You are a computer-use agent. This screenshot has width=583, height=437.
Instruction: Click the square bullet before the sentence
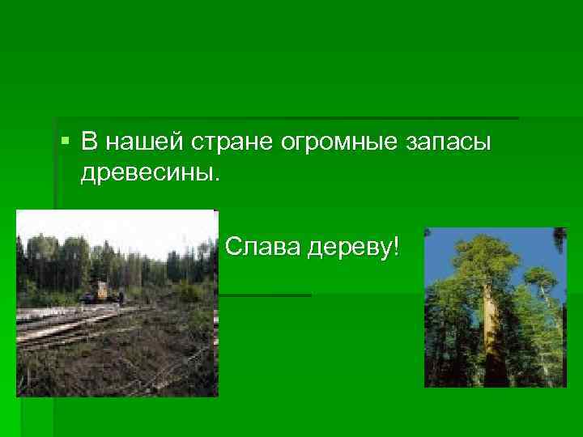(65, 143)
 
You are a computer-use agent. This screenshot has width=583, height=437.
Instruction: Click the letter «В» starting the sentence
(89, 143)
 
